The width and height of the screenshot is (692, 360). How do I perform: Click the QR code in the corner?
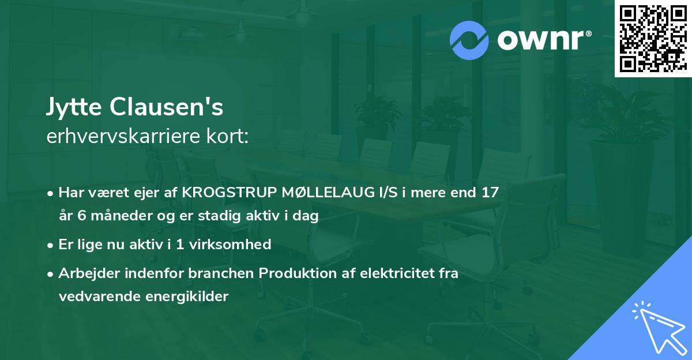click(x=653, y=39)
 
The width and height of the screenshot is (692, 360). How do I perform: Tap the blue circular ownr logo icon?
click(x=469, y=40)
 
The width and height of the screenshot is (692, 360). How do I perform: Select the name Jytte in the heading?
click(x=74, y=107)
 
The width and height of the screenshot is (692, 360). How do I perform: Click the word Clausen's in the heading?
click(x=166, y=106)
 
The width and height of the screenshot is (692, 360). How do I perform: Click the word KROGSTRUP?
click(x=230, y=192)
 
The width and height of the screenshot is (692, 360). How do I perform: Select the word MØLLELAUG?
click(x=328, y=192)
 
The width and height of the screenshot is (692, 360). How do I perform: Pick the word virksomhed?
click(x=230, y=244)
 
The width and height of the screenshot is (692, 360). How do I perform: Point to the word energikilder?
click(x=187, y=297)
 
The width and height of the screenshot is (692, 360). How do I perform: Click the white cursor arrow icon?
click(x=660, y=327)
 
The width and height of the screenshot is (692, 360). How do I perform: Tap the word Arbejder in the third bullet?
click(x=89, y=273)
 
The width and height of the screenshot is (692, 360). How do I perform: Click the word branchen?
click(x=221, y=273)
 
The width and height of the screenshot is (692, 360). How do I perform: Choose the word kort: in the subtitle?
click(x=227, y=136)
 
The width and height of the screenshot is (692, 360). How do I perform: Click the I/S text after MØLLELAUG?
click(x=388, y=192)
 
